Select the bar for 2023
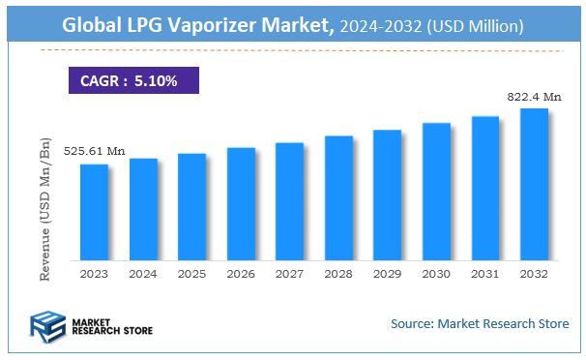tap(94, 212)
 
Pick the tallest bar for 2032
tap(534, 184)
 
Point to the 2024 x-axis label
tap(143, 275)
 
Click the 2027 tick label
tap(289, 275)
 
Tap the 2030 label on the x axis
tap(436, 275)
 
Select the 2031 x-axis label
tap(484, 275)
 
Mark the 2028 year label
tap(338, 275)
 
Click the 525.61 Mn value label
tap(95, 152)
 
